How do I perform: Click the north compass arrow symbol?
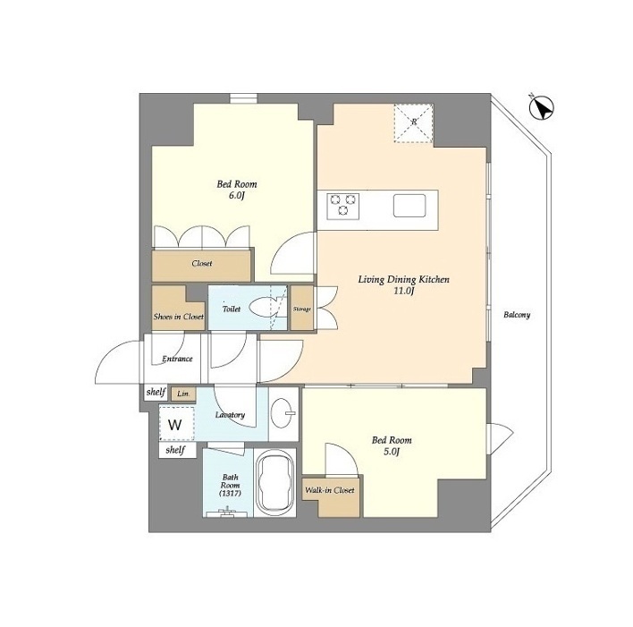coord(542,107)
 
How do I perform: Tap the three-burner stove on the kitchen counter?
coord(343,206)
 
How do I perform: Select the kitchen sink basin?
coord(409,206)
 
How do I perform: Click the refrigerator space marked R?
coord(413,123)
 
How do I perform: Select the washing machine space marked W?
coord(175,425)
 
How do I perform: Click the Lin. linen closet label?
coord(183,394)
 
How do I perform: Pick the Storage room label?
coord(302,309)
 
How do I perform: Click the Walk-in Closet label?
coord(329,490)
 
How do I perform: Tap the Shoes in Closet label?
coord(179,317)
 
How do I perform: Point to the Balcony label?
coord(517,315)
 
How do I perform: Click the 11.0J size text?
coord(404,291)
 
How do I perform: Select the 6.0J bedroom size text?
coord(237,196)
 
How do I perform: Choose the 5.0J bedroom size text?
coord(392,452)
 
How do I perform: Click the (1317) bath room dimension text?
coord(230,493)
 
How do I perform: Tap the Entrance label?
coord(177,359)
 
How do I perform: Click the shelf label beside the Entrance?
coord(156,392)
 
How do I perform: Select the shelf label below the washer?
coord(175,450)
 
